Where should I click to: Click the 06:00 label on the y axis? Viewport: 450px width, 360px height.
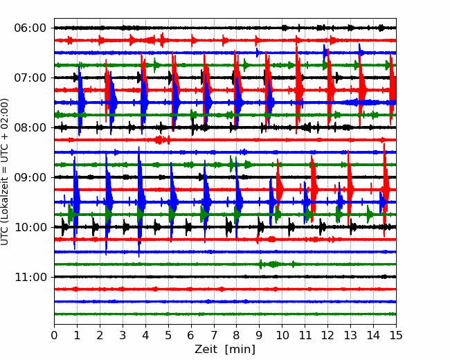30,28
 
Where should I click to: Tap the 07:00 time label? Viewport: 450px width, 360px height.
30,78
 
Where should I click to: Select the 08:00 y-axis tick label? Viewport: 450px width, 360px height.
30,127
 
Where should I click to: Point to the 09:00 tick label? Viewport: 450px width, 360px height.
30,177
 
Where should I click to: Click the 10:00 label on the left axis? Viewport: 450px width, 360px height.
30,227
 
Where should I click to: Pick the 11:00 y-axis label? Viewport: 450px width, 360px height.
30,278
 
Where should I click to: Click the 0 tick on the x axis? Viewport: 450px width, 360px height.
54,335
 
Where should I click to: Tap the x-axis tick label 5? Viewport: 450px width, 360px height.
168,335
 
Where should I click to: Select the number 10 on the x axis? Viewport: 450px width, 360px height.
282,335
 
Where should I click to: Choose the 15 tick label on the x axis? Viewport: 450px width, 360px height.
396,335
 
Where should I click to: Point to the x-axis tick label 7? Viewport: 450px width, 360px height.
214,335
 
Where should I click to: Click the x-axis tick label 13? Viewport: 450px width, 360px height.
350,335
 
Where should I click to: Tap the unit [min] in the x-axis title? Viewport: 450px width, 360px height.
240,350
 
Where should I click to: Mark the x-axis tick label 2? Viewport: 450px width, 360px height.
100,335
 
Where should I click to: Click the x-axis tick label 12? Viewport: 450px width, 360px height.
327,335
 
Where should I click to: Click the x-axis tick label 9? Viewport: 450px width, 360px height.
260,335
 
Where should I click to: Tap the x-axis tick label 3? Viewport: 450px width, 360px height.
123,335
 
